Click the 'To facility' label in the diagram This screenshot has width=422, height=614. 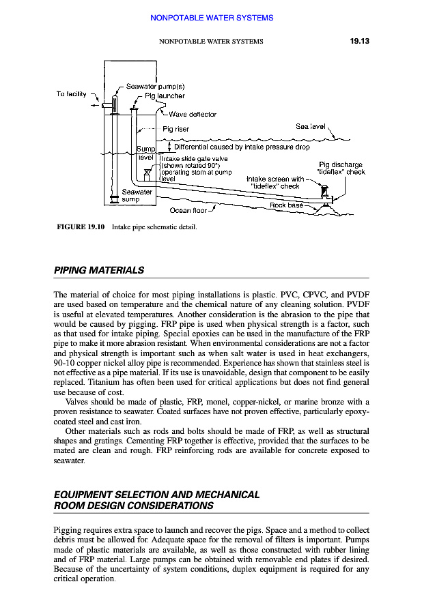pyautogui.click(x=71, y=93)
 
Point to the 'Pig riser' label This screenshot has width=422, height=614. pyautogui.click(x=175, y=129)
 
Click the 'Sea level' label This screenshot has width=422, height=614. pyautogui.click(x=311, y=126)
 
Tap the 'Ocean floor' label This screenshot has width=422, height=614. pyautogui.click(x=188, y=210)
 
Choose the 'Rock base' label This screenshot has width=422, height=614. pyautogui.click(x=286, y=205)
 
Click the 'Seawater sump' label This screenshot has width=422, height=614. pyautogui.click(x=137, y=196)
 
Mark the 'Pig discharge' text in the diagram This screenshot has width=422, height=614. pyautogui.click(x=341, y=164)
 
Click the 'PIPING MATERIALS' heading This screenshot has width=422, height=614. pyautogui.click(x=99, y=270)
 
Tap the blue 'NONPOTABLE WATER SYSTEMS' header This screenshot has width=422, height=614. pyautogui.click(x=211, y=18)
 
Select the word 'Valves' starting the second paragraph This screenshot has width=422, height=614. pyautogui.click(x=79, y=402)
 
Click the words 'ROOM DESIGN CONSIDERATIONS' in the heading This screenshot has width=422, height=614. pyautogui.click(x=133, y=506)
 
